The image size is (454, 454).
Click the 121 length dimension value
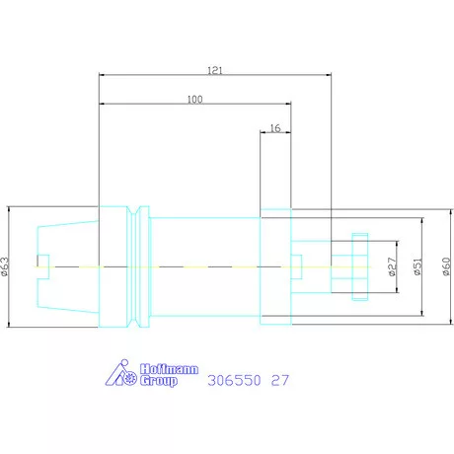(x=215, y=70)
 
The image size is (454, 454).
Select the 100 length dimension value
(x=194, y=100)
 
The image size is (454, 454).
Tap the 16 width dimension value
(x=275, y=128)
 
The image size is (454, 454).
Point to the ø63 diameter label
(x=5, y=266)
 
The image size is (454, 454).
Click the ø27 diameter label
(x=392, y=266)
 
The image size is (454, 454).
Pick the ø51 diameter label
(x=417, y=266)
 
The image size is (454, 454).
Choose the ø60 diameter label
(x=446, y=266)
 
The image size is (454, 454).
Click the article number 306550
(x=234, y=380)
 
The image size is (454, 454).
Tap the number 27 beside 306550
(x=280, y=380)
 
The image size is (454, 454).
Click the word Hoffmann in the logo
(x=169, y=369)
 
